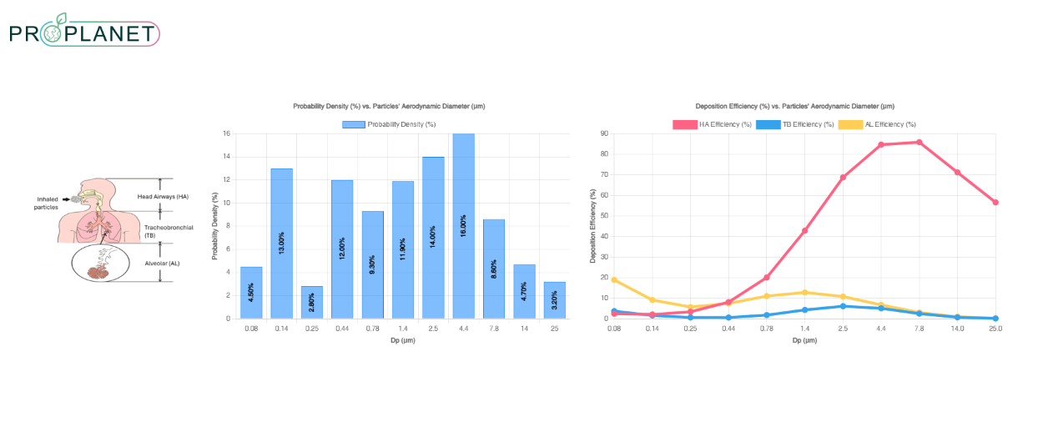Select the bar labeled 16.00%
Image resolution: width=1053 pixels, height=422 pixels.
[x=463, y=226]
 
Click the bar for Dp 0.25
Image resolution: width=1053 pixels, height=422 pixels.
[x=311, y=302]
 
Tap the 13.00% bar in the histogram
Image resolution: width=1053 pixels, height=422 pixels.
[x=281, y=244]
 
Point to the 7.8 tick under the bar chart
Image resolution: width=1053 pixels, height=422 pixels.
[x=493, y=329]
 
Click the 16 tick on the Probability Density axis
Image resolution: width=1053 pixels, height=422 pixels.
[x=226, y=133]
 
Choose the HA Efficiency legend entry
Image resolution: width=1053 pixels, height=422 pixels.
[x=712, y=124]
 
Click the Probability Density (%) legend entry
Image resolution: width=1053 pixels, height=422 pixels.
[x=389, y=124]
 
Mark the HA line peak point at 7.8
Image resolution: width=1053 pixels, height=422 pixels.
[x=919, y=142]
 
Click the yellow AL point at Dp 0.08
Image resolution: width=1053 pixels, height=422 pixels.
[x=614, y=279]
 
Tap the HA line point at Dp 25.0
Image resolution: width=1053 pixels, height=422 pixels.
[x=995, y=202]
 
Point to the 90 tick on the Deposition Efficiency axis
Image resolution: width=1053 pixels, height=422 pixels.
[x=605, y=133]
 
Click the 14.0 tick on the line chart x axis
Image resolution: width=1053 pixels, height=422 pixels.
[x=957, y=329]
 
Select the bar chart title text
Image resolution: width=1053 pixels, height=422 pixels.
[x=389, y=107]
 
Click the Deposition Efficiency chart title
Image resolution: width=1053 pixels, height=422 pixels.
[x=794, y=107]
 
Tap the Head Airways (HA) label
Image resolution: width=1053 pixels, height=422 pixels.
[x=163, y=196]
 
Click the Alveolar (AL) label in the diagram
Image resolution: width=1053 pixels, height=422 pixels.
[x=162, y=263]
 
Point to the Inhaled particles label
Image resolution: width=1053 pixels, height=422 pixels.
[x=48, y=203]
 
